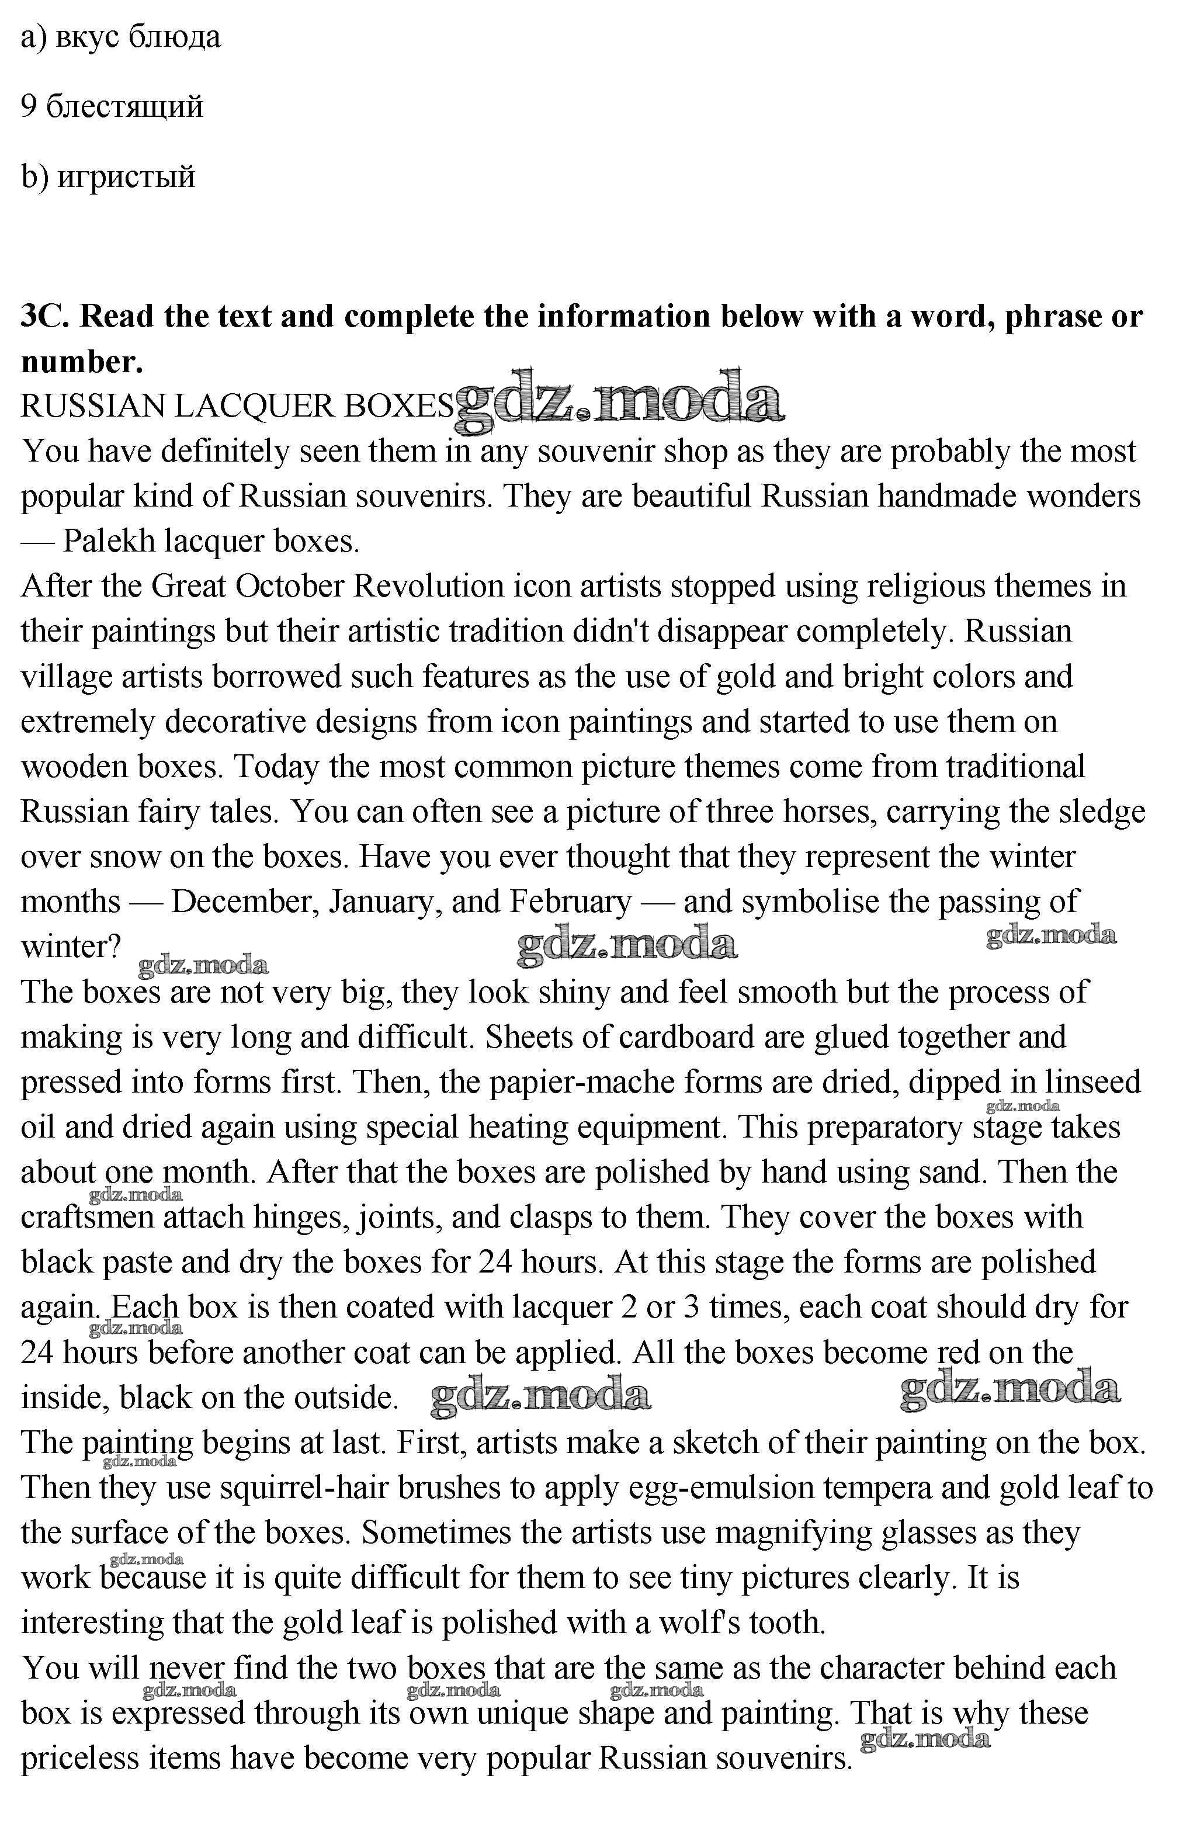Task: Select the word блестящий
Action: tap(124, 106)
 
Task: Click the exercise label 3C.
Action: tap(46, 316)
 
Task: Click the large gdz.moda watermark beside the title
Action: tap(619, 400)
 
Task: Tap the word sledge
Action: tap(1102, 812)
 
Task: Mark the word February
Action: tap(571, 902)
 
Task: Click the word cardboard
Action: tap(712, 1036)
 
